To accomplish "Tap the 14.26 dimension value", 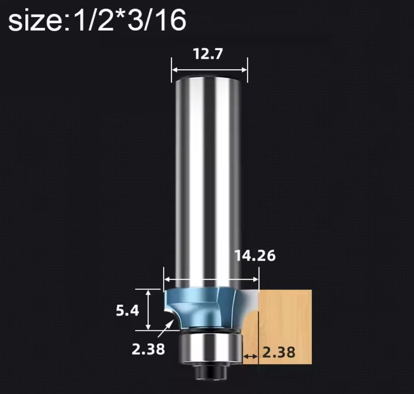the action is (255, 256).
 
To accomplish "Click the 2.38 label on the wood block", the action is (279, 352).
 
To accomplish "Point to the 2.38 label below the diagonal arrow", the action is (148, 349).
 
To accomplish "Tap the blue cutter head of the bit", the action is (201, 307).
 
